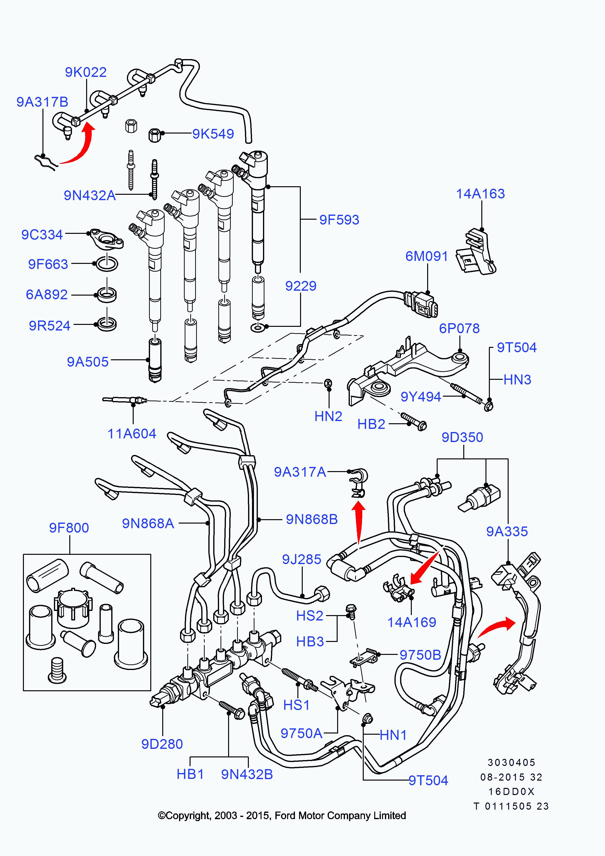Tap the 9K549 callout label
click(x=213, y=134)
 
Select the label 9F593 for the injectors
click(x=339, y=220)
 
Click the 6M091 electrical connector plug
click(x=423, y=304)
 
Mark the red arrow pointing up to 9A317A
click(x=359, y=522)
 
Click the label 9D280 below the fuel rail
click(x=162, y=744)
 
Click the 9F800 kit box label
click(x=69, y=528)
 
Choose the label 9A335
click(x=507, y=531)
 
